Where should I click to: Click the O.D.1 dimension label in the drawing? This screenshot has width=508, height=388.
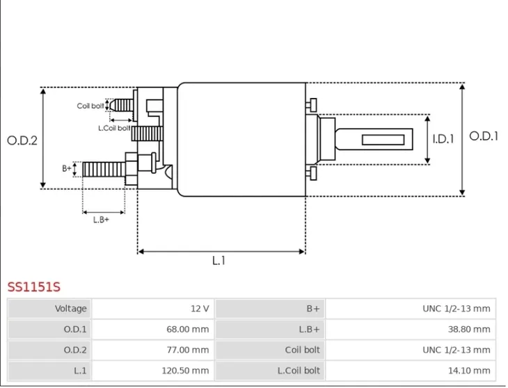[x=484, y=136]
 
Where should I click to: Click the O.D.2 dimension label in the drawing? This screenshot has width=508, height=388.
[x=22, y=140]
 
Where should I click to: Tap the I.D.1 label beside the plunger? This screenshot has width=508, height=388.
[x=443, y=139]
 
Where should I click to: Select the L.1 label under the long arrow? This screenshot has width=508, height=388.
[x=219, y=261]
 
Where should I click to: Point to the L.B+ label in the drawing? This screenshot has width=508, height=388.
[x=101, y=220]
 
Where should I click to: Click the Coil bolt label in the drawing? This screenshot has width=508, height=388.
[x=90, y=106]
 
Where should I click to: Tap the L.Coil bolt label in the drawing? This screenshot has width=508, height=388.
[x=114, y=128]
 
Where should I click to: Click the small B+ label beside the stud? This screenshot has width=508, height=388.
[x=67, y=168]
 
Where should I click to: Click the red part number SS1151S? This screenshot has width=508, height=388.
[x=34, y=287]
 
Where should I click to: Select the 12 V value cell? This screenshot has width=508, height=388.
[x=153, y=309]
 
